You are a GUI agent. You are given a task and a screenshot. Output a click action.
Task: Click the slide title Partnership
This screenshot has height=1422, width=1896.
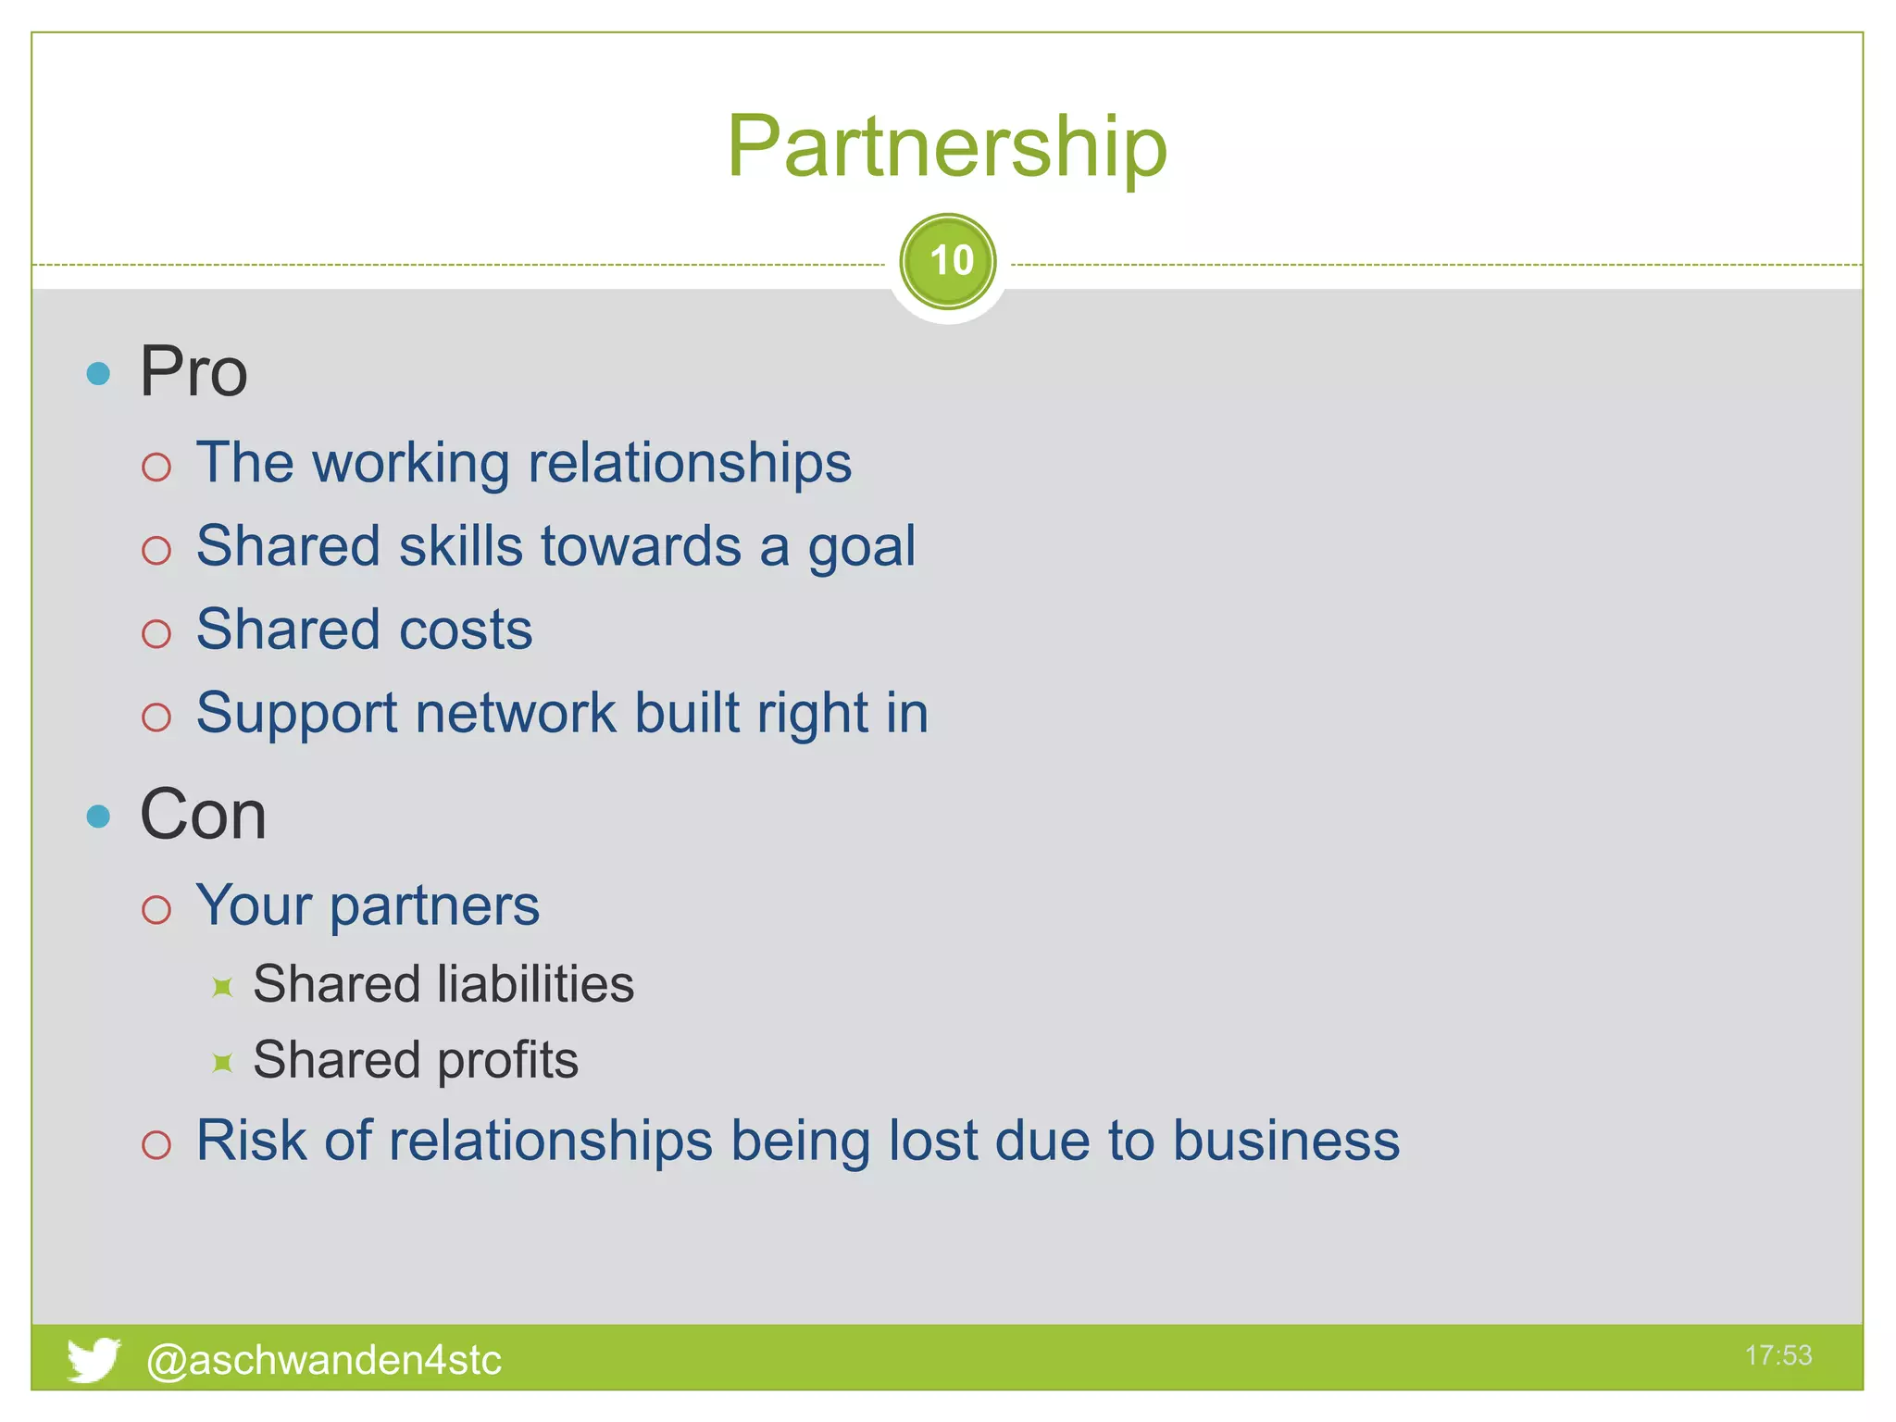tap(946, 146)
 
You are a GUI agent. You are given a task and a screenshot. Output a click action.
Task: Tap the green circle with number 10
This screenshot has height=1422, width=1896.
tap(948, 262)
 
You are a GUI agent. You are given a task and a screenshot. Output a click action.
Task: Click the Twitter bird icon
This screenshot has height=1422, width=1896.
tap(93, 1359)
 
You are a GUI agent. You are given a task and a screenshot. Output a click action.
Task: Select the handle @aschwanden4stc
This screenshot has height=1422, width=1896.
tap(324, 1360)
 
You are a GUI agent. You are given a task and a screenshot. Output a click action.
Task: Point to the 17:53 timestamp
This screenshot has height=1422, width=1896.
tap(1777, 1355)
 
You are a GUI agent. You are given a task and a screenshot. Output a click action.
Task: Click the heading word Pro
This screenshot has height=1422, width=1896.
tap(193, 372)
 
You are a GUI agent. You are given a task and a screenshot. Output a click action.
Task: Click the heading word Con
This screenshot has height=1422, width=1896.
tap(203, 816)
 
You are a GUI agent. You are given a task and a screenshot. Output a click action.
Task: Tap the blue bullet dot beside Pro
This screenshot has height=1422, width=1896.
tap(98, 374)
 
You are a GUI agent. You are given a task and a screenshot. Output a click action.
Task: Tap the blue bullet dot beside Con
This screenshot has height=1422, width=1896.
tap(98, 817)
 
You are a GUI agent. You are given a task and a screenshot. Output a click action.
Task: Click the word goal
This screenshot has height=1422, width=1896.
tap(861, 546)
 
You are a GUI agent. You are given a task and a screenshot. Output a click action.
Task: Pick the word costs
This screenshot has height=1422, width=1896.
tap(466, 630)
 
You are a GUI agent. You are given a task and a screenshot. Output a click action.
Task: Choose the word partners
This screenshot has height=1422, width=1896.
tap(434, 905)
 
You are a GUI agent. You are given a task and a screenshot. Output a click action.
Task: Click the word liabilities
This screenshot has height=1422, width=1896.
tap(535, 983)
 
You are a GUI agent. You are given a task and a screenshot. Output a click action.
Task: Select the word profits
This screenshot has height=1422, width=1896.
tap(507, 1060)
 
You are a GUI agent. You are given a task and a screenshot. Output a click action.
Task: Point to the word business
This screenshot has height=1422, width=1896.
tap(1286, 1140)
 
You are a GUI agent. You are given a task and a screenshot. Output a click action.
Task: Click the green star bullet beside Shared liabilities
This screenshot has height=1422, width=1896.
tap(222, 987)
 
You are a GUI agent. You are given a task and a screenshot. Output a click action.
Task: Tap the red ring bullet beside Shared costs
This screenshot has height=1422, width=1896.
tap(156, 634)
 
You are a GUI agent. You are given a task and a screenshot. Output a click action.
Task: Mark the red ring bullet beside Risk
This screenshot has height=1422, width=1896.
tap(156, 1145)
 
